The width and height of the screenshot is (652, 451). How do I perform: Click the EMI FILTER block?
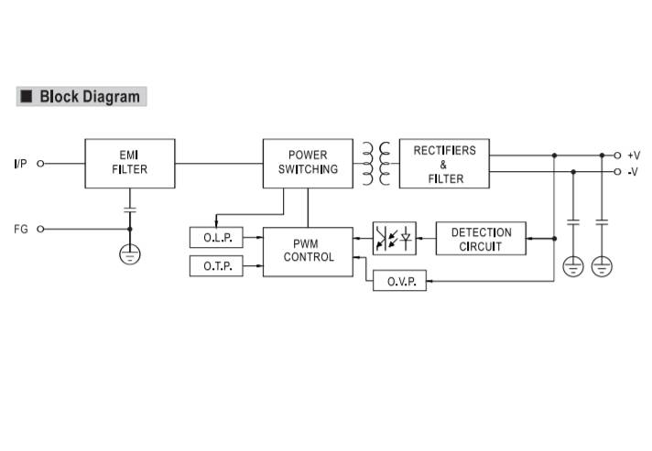(129, 163)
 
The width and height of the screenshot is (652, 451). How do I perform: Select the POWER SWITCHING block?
(307, 163)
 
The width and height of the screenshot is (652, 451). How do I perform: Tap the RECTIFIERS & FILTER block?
(444, 164)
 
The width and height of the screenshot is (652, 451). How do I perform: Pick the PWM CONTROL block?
(308, 252)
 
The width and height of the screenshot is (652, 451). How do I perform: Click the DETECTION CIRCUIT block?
(481, 240)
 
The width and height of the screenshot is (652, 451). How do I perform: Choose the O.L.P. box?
(216, 238)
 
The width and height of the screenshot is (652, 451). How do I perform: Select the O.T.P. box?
(216, 266)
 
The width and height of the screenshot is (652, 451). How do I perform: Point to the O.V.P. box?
(400, 282)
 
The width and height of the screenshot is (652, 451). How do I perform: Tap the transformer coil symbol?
(375, 163)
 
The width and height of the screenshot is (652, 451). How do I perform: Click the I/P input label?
(20, 164)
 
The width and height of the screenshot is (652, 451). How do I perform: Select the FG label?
(20, 229)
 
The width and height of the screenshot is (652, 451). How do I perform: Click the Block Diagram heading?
(90, 96)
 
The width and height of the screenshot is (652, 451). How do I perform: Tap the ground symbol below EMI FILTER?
(130, 253)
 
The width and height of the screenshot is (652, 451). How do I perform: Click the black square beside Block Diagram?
(27, 96)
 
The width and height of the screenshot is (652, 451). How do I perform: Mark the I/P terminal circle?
(40, 164)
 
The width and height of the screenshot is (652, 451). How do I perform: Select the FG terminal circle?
(40, 229)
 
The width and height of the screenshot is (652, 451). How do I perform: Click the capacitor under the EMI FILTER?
(130, 209)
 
